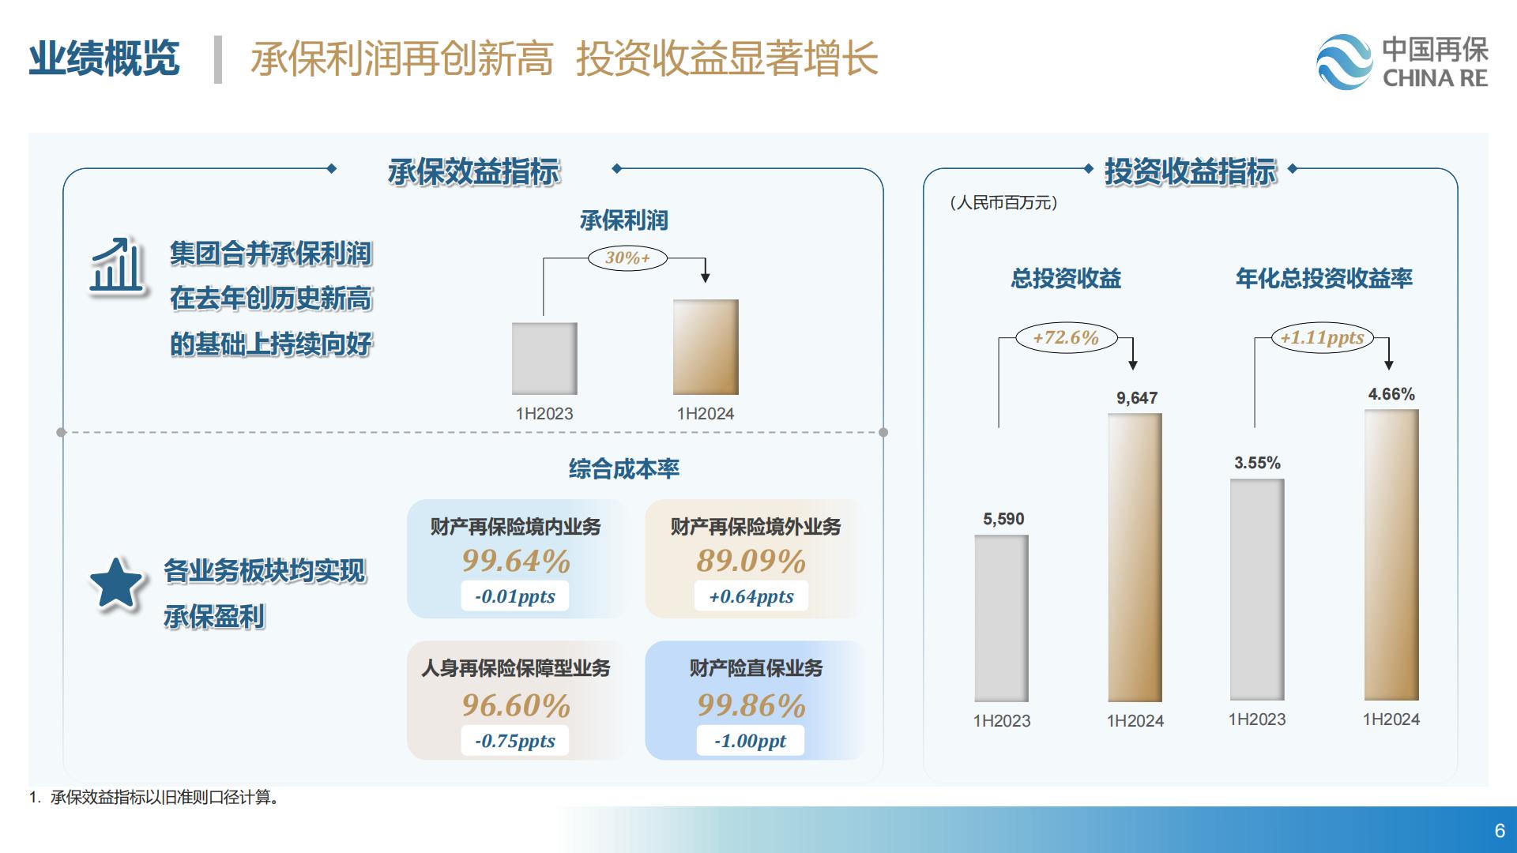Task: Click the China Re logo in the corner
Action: [1402, 62]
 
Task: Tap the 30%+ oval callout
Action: [627, 258]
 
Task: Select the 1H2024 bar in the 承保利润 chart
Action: [706, 347]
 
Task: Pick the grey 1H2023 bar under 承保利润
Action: [544, 359]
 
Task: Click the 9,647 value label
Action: [1136, 398]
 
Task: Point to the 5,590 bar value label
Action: [1003, 519]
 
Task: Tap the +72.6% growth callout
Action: [1066, 338]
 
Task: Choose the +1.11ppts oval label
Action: [1322, 338]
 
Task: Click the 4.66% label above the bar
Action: [1391, 394]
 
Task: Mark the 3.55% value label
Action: [1257, 463]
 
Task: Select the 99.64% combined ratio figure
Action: [516, 561]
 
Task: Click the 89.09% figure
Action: [751, 561]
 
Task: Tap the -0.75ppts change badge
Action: [515, 741]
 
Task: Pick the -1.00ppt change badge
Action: [751, 741]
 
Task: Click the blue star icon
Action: [115, 584]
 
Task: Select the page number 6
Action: [1500, 831]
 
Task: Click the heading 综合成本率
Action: [624, 469]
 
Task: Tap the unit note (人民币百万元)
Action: [1003, 203]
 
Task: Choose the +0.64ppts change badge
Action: [751, 596]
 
